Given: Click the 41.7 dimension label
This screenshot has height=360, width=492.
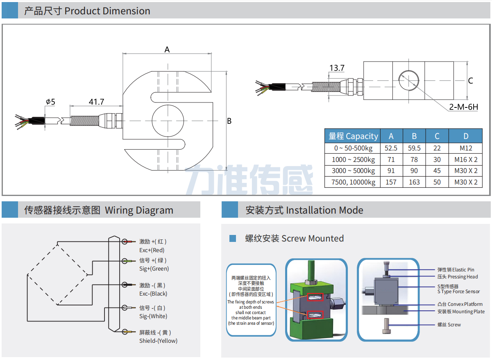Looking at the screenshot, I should click(97, 102).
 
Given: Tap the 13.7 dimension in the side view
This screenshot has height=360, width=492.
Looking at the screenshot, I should click(337, 68).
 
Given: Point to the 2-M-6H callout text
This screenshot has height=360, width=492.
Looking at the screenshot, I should click(463, 107).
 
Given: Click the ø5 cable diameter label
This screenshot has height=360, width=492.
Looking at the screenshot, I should click(50, 102).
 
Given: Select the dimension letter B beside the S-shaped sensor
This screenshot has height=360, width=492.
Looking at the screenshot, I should click(229, 121).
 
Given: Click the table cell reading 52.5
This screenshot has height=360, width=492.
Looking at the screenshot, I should click(391, 148).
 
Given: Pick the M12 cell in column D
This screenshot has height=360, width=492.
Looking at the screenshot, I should click(466, 148).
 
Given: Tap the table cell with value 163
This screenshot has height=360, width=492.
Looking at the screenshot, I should click(414, 182).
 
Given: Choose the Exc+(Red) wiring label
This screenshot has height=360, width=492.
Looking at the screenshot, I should click(152, 250).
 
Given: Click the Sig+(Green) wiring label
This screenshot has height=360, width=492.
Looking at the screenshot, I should click(154, 269).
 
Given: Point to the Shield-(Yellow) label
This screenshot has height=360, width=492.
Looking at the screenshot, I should click(158, 341).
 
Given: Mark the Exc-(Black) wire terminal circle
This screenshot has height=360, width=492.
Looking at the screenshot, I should click(124, 285).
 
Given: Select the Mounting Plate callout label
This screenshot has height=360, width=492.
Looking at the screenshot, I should click(461, 312).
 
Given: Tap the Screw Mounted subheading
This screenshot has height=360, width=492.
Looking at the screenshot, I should click(294, 239).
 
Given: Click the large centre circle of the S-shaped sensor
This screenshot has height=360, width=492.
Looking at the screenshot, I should click(168, 121).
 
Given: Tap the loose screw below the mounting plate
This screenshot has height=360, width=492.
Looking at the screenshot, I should click(386, 327).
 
